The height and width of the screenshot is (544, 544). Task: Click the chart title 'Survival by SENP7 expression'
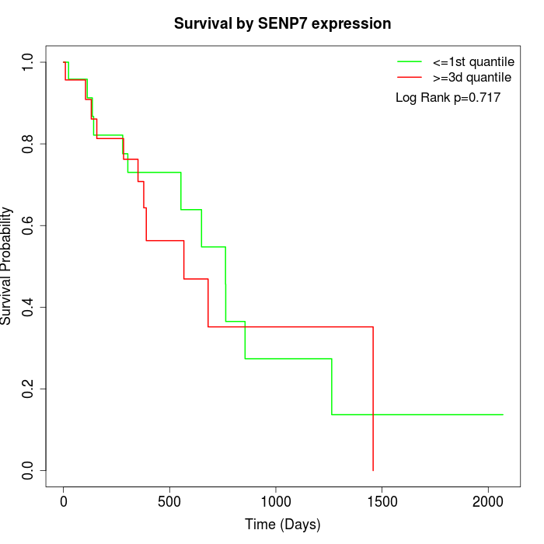point(282,24)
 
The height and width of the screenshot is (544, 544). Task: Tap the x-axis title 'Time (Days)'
point(282,525)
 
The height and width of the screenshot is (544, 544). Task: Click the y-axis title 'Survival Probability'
point(8,266)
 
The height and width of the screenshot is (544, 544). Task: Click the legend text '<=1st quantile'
point(473,61)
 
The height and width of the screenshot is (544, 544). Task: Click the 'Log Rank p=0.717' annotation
point(448,97)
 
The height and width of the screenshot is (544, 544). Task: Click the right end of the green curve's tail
point(503,414)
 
